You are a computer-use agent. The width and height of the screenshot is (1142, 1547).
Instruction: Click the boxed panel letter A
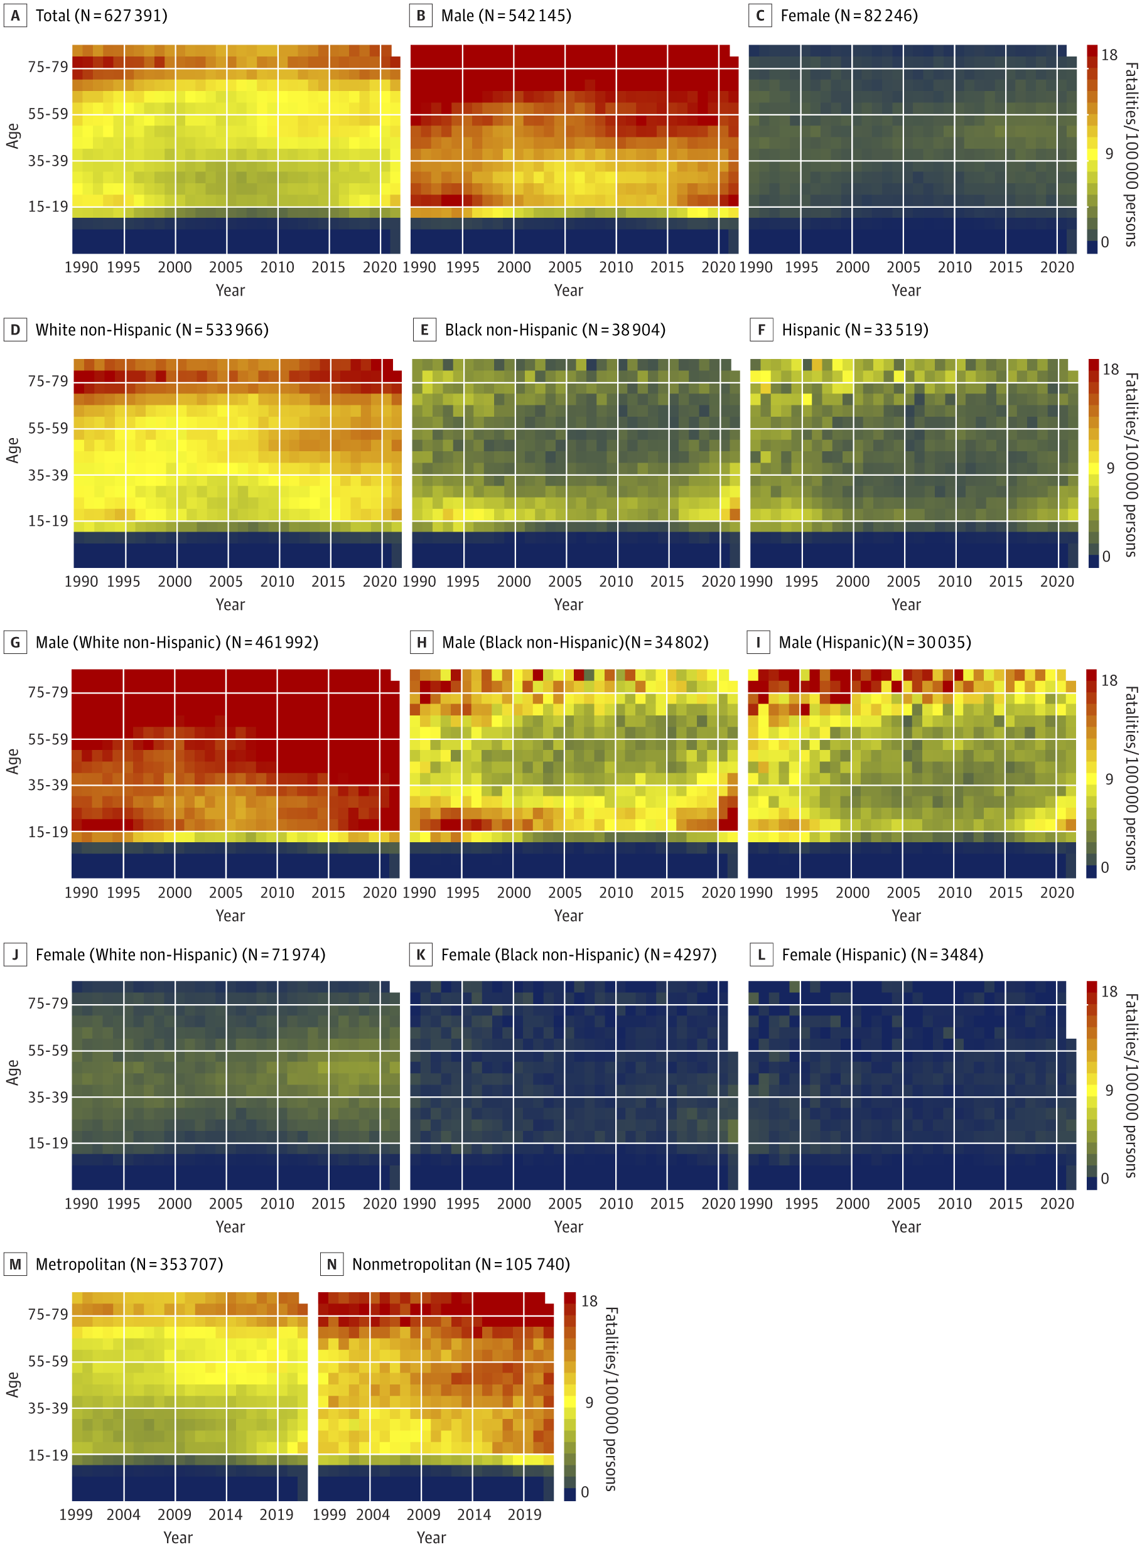pyautogui.click(x=15, y=16)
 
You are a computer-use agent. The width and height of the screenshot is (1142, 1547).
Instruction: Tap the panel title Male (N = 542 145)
pyautogui.click(x=505, y=16)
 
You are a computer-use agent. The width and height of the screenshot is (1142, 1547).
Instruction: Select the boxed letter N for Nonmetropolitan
pyautogui.click(x=332, y=1265)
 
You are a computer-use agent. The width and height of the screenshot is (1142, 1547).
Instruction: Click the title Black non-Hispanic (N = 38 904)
pyautogui.click(x=554, y=330)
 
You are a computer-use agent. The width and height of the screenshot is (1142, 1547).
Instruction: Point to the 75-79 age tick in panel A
pyautogui.click(x=48, y=67)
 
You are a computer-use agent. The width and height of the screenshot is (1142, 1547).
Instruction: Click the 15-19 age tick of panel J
pyautogui.click(x=48, y=1143)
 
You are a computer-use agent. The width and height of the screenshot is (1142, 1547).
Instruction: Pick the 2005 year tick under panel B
pyautogui.click(x=565, y=267)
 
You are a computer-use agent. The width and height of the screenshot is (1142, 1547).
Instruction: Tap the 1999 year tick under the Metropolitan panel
pyautogui.click(x=76, y=1514)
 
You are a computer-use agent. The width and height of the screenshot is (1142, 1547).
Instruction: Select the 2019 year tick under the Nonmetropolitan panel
pyautogui.click(x=525, y=1514)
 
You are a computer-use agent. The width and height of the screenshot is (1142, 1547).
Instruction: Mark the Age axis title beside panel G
pyautogui.click(x=13, y=761)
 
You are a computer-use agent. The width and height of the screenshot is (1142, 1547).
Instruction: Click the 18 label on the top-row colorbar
pyautogui.click(x=1109, y=55)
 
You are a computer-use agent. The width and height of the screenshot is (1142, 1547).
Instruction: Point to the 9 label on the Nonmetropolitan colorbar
pyautogui.click(x=589, y=1402)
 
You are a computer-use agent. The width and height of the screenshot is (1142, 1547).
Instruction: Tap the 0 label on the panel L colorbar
pyautogui.click(x=1105, y=1179)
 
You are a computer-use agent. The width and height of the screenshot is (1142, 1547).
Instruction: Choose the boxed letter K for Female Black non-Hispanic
pyautogui.click(x=420, y=955)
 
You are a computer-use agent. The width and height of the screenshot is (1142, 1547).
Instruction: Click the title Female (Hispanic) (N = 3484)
pyautogui.click(x=882, y=955)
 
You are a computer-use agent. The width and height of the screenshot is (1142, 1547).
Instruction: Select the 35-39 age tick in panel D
pyautogui.click(x=48, y=475)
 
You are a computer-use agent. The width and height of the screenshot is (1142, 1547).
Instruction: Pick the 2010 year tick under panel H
pyautogui.click(x=616, y=892)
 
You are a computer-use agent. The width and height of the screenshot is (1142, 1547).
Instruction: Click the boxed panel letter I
pyautogui.click(x=758, y=643)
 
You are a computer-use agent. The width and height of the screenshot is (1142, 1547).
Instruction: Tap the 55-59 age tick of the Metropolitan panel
pyautogui.click(x=48, y=1361)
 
